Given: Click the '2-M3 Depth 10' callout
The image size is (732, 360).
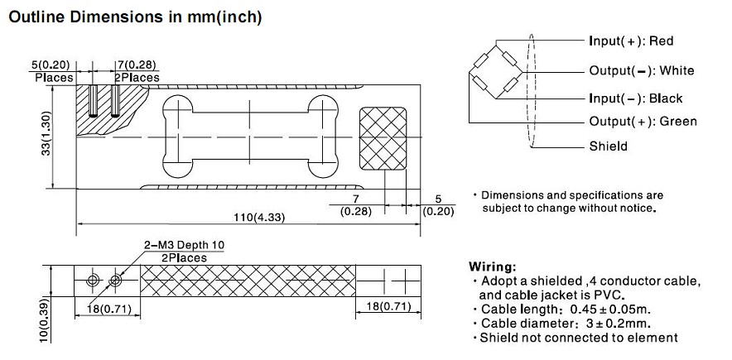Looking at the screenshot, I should click(x=183, y=246).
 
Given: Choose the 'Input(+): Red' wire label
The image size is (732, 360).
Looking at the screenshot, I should click(x=631, y=41).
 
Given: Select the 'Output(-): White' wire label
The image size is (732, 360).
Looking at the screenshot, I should click(x=641, y=70).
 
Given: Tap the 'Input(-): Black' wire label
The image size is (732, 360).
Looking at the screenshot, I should click(x=635, y=98).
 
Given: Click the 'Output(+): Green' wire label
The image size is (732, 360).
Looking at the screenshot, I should click(x=643, y=122).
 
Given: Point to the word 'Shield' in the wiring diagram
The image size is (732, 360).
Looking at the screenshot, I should click(x=608, y=146).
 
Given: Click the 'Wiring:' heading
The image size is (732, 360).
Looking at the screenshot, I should click(x=494, y=267).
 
